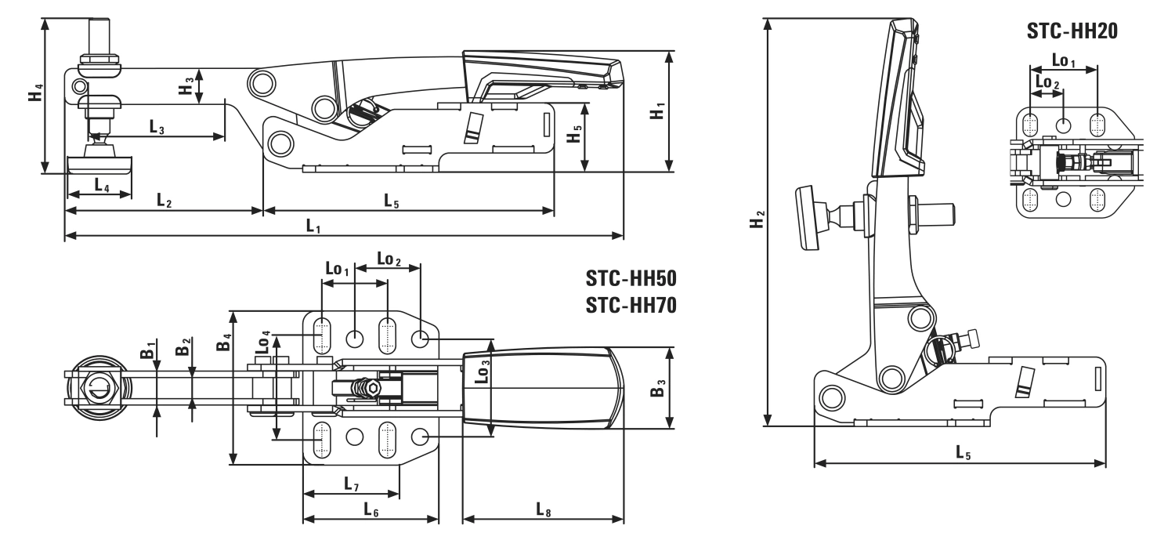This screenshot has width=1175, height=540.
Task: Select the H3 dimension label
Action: coord(186,85)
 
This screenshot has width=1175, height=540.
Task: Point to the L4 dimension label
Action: coord(102,185)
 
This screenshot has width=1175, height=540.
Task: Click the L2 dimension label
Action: coord(164,201)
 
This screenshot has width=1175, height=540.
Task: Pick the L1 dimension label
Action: coord(314,226)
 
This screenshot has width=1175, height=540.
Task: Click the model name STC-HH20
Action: coord(1071,31)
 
